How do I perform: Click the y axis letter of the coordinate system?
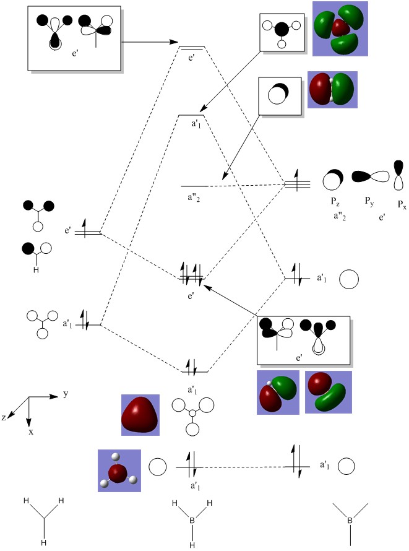click(x=66, y=394)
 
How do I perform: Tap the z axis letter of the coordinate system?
click(x=4, y=418)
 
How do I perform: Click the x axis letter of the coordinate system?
click(x=30, y=431)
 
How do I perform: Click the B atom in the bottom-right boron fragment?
click(x=350, y=521)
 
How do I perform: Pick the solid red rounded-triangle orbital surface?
click(x=140, y=414)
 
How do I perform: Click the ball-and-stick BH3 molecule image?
click(x=119, y=471)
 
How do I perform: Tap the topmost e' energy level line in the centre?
click(x=192, y=47)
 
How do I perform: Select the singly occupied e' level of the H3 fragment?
click(x=92, y=233)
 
